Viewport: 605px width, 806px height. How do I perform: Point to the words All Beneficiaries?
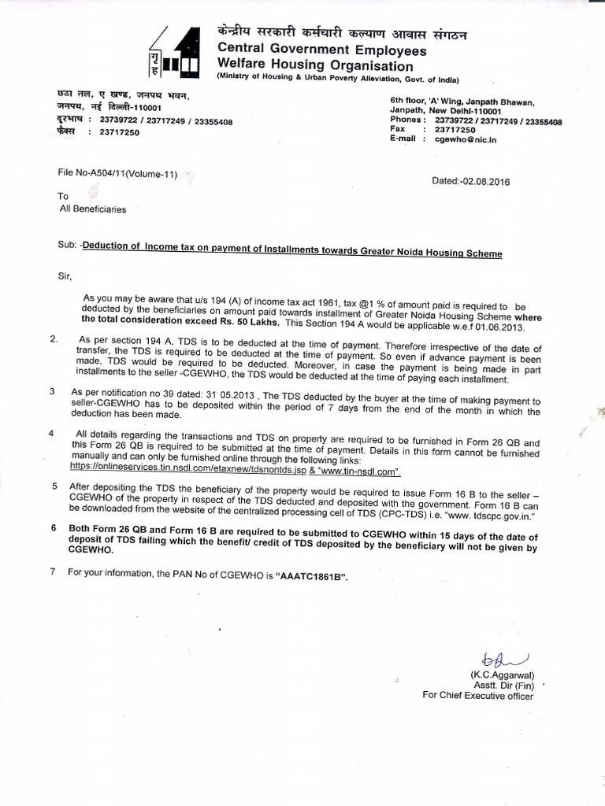pyautogui.click(x=93, y=209)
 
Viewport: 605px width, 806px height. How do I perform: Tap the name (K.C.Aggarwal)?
pyautogui.click(x=502, y=675)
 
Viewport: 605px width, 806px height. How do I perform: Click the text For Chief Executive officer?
pyautogui.click(x=477, y=696)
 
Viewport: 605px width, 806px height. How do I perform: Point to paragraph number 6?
pyautogui.click(x=53, y=527)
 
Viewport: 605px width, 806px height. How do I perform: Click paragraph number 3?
pyautogui.click(x=52, y=391)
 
